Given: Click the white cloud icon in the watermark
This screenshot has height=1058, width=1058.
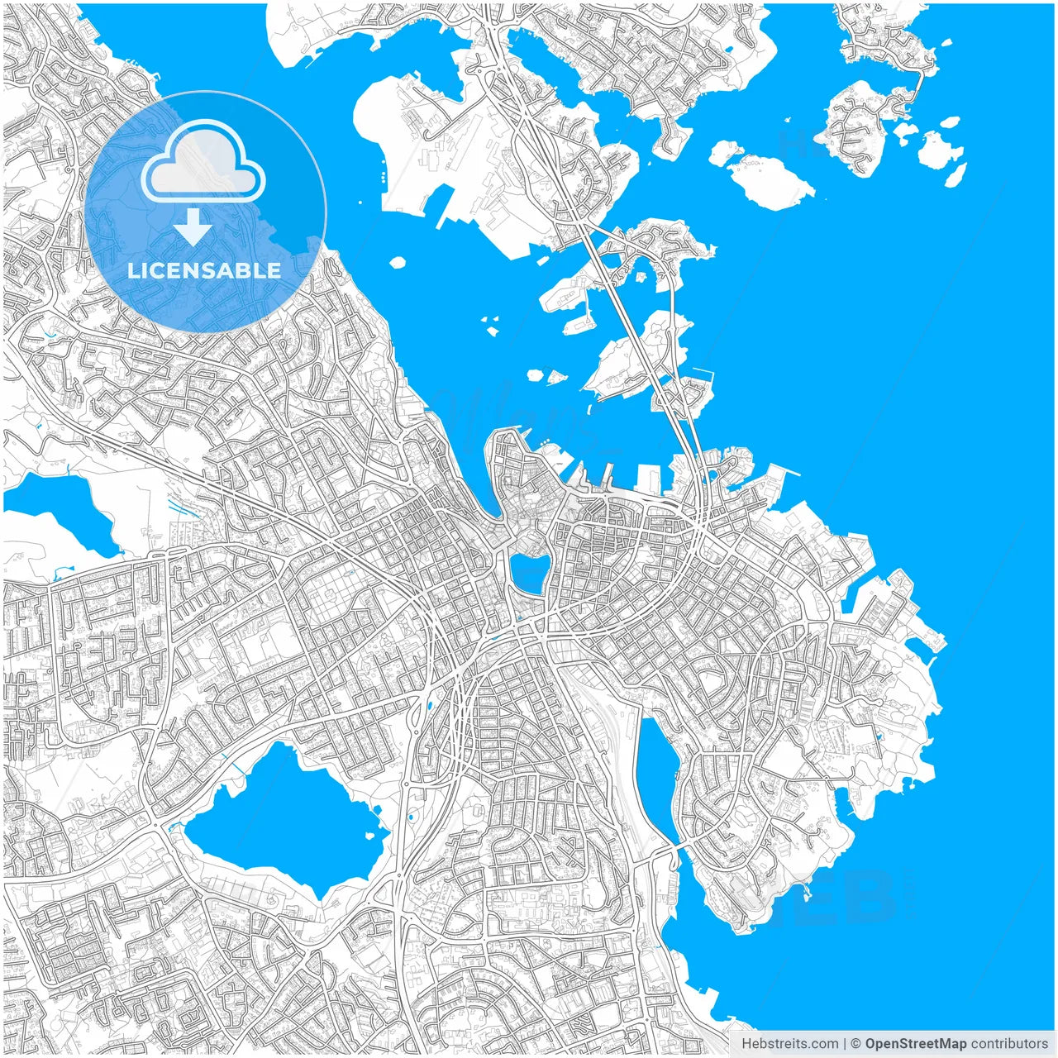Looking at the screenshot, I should point(203,160).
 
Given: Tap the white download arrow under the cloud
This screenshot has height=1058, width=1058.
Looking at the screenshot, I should point(193,226).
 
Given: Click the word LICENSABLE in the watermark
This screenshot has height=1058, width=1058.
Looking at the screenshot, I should point(204,270).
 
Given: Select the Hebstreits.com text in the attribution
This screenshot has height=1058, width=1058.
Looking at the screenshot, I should point(789,1044).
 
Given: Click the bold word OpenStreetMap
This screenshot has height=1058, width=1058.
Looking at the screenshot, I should point(915,1044).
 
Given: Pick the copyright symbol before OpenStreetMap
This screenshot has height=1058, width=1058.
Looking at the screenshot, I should point(855,1044).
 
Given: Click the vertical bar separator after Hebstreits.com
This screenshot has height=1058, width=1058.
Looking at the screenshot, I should point(845,1044).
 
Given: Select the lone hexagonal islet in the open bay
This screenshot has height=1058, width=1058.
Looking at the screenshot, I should point(398,263).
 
